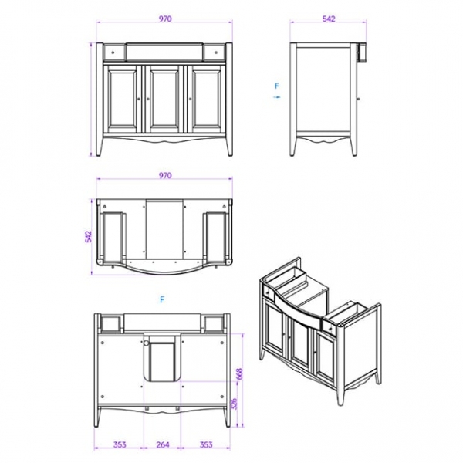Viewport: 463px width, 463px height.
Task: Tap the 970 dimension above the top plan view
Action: point(165,176)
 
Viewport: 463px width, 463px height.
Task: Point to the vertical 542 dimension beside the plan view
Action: point(87,236)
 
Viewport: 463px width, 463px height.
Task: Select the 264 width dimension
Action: point(163,444)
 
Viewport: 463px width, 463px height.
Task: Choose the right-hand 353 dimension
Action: point(208,444)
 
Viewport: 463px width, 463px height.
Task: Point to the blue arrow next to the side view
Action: point(276,98)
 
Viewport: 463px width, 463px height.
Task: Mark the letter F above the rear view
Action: point(162,299)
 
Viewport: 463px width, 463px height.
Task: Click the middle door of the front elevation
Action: point(164,99)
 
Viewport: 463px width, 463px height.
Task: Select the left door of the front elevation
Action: point(123,99)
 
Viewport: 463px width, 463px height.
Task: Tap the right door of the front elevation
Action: point(206,99)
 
